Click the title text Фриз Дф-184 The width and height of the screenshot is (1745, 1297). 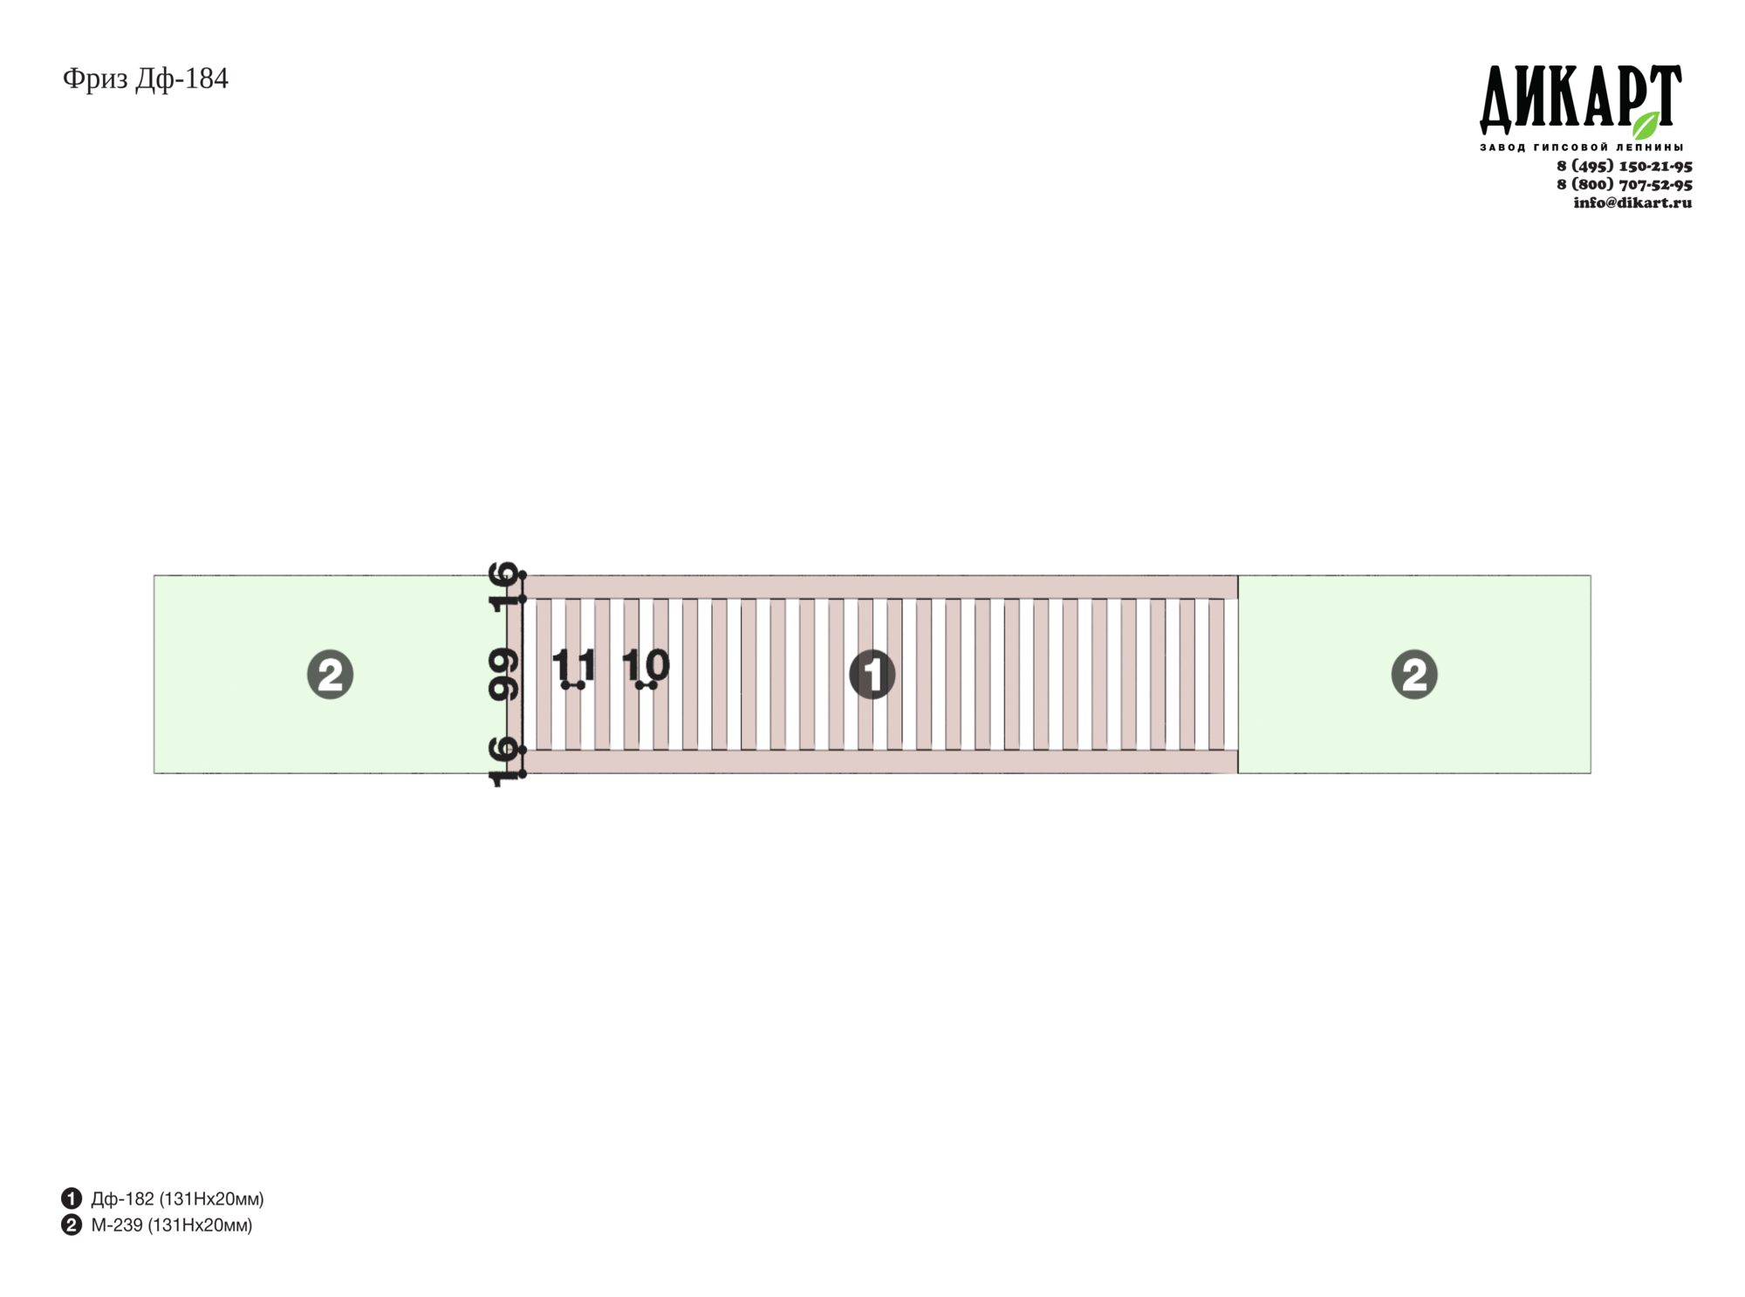pyautogui.click(x=146, y=79)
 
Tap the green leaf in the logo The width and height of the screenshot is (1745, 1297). pyautogui.click(x=1646, y=125)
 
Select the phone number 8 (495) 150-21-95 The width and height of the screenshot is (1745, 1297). pyautogui.click(x=1625, y=166)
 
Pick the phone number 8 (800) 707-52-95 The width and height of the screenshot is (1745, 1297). pyautogui.click(x=1625, y=184)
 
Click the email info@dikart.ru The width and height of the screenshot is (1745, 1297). pyautogui.click(x=1632, y=202)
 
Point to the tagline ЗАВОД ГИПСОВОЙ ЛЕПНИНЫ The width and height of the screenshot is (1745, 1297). pyautogui.click(x=1582, y=148)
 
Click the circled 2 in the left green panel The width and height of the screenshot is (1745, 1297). pyautogui.click(x=330, y=675)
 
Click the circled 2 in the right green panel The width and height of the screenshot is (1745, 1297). pyautogui.click(x=1414, y=675)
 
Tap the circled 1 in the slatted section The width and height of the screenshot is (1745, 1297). pyautogui.click(x=872, y=675)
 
